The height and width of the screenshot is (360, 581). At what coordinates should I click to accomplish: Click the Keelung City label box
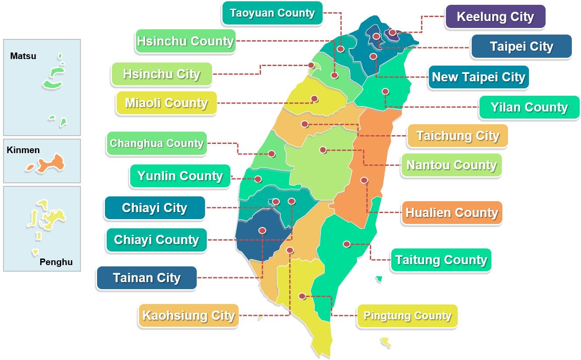pos(495,17)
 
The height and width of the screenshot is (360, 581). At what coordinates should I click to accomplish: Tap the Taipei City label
pos(522,46)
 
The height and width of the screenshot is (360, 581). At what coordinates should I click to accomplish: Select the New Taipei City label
pos(478,77)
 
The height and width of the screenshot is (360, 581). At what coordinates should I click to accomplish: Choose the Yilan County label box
pos(529,107)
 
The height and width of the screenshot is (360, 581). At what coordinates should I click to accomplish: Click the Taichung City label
pos(458,136)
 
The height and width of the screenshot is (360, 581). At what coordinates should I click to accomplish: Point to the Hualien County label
pos(452,213)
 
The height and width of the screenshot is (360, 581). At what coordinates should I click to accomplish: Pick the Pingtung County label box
pos(407,316)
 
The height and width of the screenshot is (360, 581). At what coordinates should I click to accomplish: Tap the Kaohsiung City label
pos(188,315)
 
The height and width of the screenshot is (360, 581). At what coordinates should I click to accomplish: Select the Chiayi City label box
pos(154,208)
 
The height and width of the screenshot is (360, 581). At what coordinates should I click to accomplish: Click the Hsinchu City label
pos(161,74)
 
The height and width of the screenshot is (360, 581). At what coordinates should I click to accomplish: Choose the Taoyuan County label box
pos(272,13)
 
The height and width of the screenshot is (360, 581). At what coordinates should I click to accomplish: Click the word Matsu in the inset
pos(23,56)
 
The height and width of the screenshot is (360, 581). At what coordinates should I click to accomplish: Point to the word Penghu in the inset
pos(56,262)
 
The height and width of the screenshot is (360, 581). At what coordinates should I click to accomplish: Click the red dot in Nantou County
pos(323,150)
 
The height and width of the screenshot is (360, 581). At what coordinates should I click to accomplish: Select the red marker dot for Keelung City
pos(393,32)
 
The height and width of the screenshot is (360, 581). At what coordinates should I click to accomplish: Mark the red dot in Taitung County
pos(347,244)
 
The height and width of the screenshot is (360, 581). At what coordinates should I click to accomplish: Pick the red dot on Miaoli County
pos(314,98)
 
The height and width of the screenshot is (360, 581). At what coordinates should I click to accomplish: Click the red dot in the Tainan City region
pos(262,231)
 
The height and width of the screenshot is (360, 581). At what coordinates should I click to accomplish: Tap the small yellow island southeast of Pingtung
pos(386,342)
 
